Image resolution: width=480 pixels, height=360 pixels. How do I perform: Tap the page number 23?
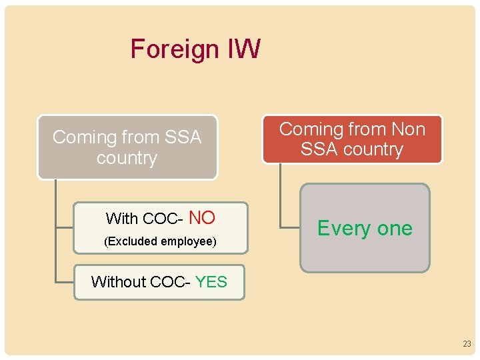[x=467, y=344]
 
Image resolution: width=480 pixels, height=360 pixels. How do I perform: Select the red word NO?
[x=202, y=217]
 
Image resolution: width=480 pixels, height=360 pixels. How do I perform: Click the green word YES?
[x=211, y=282]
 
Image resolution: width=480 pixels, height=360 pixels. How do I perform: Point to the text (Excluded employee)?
[x=160, y=241]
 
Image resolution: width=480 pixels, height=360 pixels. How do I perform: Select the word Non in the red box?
[x=407, y=129]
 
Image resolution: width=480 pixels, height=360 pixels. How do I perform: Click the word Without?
[x=118, y=282]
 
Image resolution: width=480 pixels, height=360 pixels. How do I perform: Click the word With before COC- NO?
[x=122, y=219]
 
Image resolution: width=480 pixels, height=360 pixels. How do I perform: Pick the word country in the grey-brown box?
[x=127, y=159]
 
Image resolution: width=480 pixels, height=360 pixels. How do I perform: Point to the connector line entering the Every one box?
[x=291, y=228]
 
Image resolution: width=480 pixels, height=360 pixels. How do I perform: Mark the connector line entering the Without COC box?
[x=65, y=283]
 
